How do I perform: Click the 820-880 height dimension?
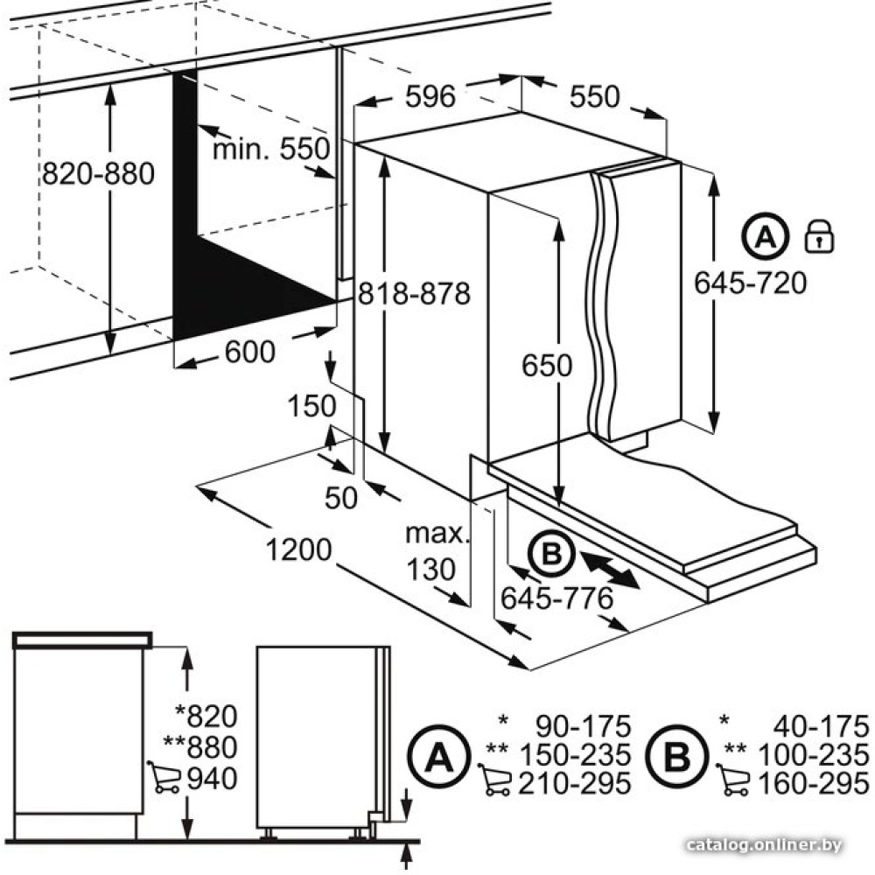pyautogui.click(x=98, y=173)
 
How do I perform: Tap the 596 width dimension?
pyautogui.click(x=430, y=96)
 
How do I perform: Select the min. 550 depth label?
pyautogui.click(x=271, y=149)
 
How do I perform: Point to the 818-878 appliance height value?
pyautogui.click(x=414, y=293)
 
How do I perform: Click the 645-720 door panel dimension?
pyautogui.click(x=751, y=283)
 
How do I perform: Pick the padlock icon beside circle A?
pyautogui.click(x=819, y=236)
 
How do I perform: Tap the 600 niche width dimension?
pyautogui.click(x=250, y=352)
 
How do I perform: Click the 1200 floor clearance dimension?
pyautogui.click(x=298, y=549)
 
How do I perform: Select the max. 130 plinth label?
pyautogui.click(x=437, y=552)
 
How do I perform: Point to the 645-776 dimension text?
pyautogui.click(x=556, y=598)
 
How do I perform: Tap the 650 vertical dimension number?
pyautogui.click(x=547, y=366)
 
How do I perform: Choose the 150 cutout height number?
pyautogui.click(x=311, y=406)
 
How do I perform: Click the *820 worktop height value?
pyautogui.click(x=206, y=716)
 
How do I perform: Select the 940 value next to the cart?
pyautogui.click(x=212, y=779)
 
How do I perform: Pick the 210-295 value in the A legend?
pyautogui.click(x=575, y=783)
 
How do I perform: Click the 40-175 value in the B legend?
pyautogui.click(x=822, y=726)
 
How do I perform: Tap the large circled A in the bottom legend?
pyautogui.click(x=438, y=756)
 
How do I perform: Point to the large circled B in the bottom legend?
pyautogui.click(x=677, y=756)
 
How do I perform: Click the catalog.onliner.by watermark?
pyautogui.click(x=764, y=846)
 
